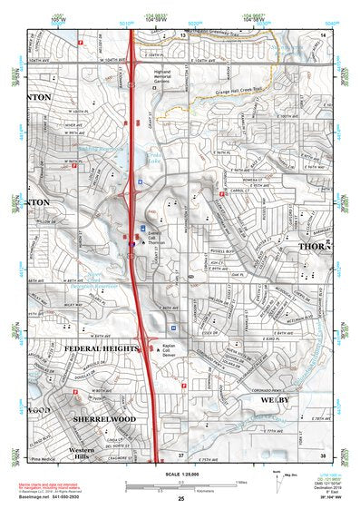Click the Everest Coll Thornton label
click(x=157, y=239)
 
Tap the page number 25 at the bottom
click(x=180, y=499)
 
